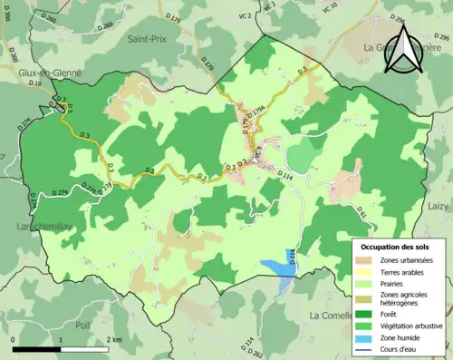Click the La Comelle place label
pos(333,316)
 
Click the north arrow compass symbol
pos(402,47)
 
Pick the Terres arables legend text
pos(403,271)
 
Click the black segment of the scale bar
pos(36,349)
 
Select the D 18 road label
pos(34,83)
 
